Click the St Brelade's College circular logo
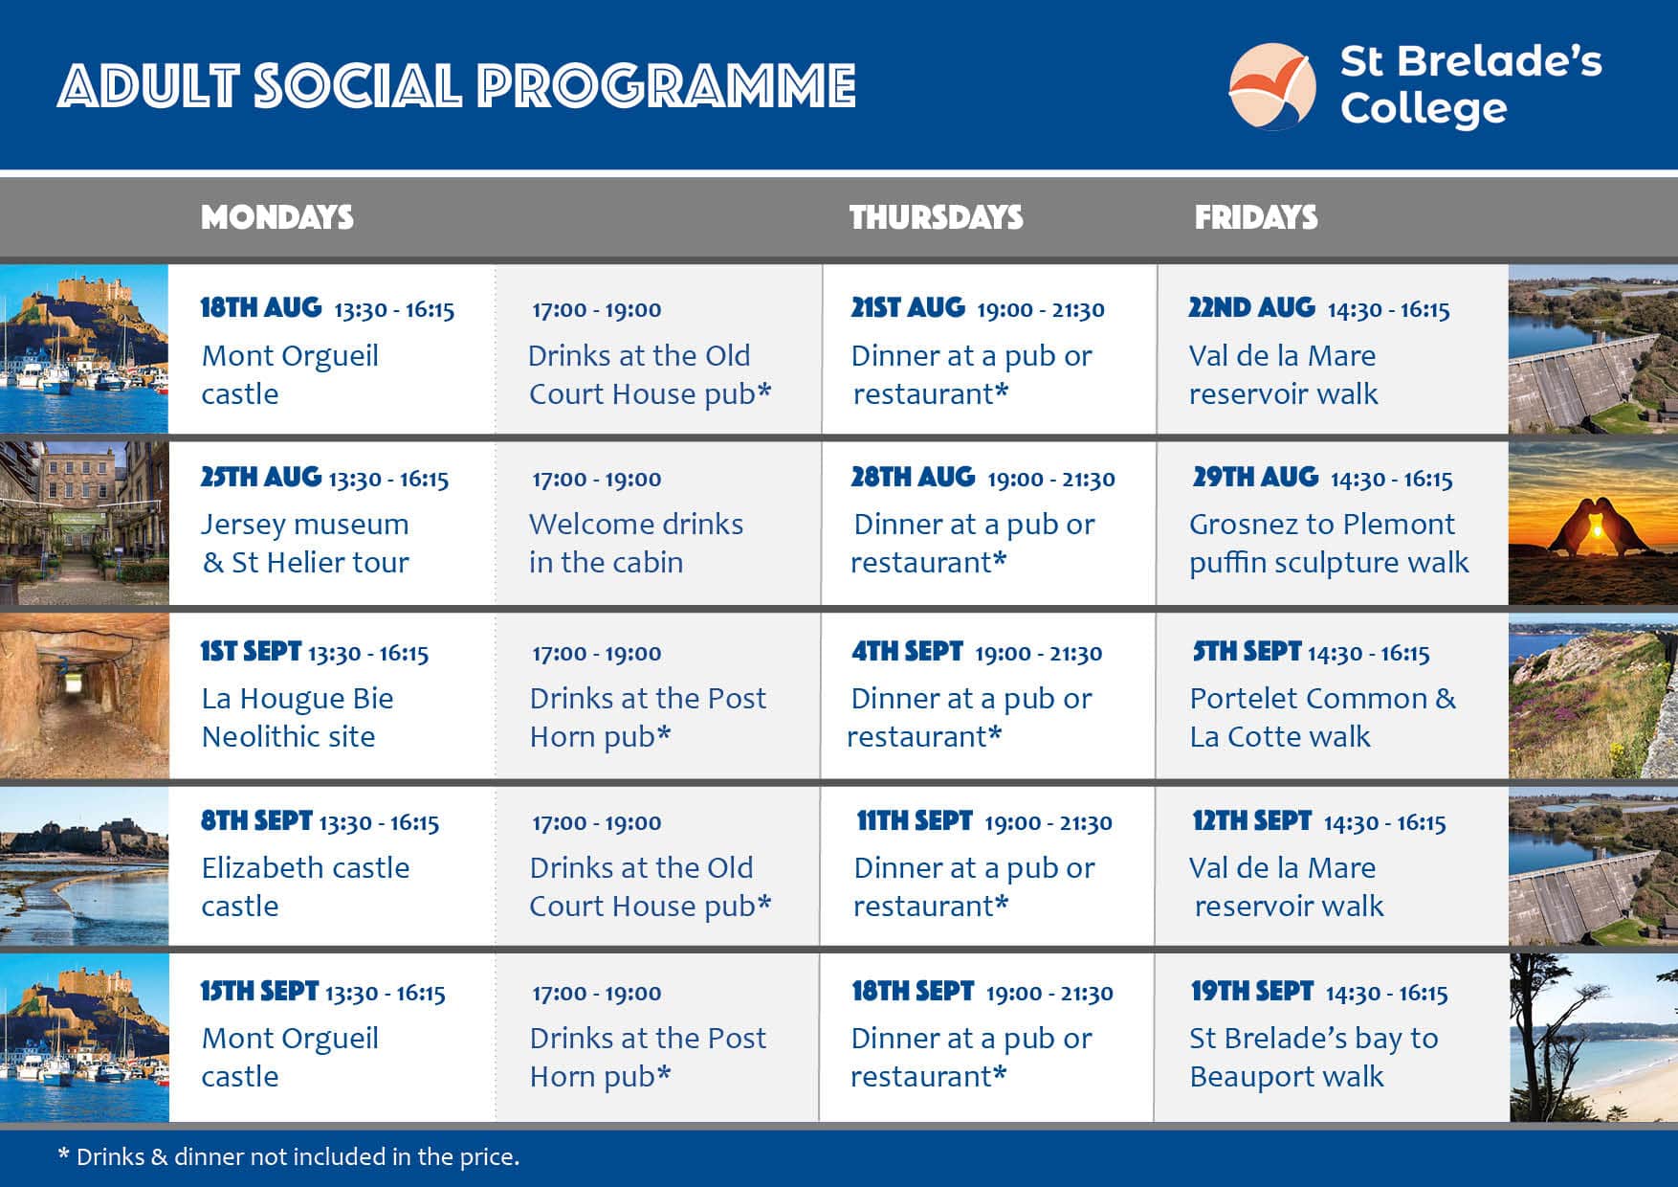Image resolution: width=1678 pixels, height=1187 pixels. (1272, 86)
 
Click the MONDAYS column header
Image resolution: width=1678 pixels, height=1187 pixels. (277, 217)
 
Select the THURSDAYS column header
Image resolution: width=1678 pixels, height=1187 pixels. (937, 217)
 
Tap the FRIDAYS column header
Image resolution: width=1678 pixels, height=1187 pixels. (1256, 217)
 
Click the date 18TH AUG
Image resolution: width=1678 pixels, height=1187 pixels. (261, 307)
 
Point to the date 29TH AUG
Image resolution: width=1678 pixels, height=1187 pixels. (1255, 477)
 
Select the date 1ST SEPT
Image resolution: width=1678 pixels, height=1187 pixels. (251, 651)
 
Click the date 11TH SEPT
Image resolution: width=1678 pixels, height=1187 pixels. (915, 820)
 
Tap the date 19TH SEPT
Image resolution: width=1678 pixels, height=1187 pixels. (1252, 991)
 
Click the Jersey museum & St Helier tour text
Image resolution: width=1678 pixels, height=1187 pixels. (305, 543)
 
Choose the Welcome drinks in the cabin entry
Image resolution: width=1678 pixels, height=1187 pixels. (636, 543)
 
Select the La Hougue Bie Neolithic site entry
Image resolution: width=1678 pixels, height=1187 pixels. (298, 717)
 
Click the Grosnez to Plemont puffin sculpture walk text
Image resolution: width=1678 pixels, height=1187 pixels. (1329, 543)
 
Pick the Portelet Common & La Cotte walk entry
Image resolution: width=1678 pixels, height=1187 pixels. (1323, 717)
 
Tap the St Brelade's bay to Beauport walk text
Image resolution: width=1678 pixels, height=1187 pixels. (1314, 1057)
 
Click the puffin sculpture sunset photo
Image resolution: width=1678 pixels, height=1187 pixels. (1593, 523)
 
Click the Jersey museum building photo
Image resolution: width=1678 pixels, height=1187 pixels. (84, 523)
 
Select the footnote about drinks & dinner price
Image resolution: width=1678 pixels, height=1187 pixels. (289, 1156)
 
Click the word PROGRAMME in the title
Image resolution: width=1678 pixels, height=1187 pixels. (667, 86)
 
